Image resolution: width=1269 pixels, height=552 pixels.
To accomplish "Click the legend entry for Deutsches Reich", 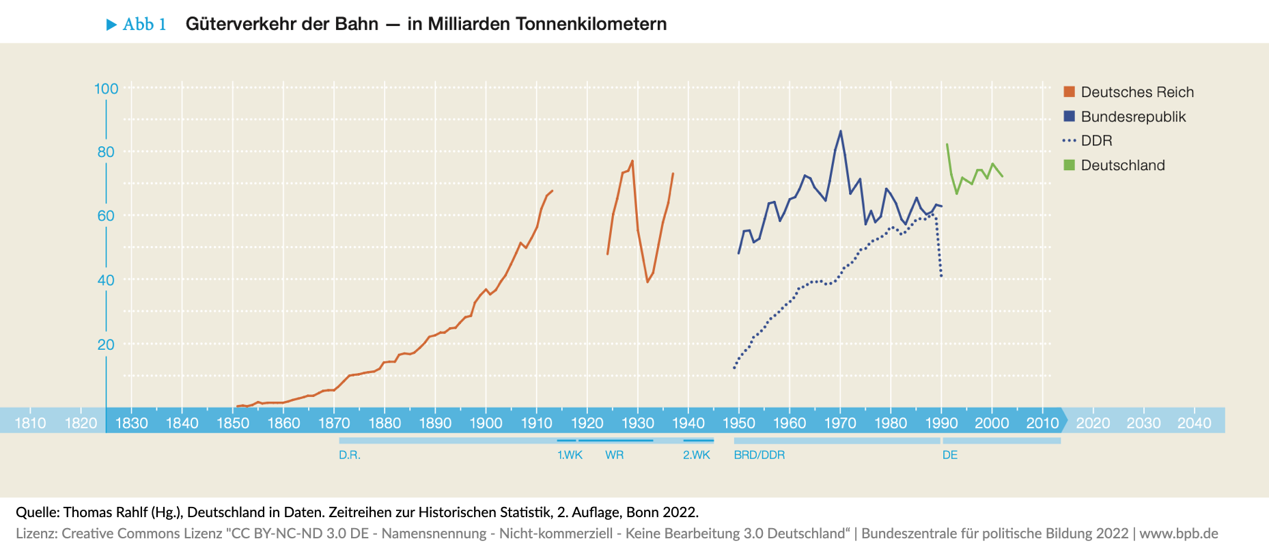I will (1136, 92).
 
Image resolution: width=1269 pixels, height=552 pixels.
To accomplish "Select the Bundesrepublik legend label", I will (1133, 117).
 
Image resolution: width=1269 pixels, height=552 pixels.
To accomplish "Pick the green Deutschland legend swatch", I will (1070, 165).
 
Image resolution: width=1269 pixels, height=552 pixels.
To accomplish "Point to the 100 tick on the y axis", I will (107, 89).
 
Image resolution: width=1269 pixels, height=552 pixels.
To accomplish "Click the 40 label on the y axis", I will (106, 280).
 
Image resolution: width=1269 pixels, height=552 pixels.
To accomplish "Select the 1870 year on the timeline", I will (334, 423).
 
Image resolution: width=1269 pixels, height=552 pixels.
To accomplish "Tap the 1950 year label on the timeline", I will (738, 423).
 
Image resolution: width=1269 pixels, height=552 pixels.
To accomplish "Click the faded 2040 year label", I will (1194, 423).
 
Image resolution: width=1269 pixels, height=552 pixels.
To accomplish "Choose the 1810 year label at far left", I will (31, 423).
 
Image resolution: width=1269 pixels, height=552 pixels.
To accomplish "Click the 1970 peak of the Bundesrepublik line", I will (840, 131).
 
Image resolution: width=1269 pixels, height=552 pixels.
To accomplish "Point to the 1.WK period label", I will (570, 455).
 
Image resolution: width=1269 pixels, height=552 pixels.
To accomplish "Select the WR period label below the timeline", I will (614, 455).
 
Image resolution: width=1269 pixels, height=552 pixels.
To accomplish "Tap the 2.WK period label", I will (697, 455).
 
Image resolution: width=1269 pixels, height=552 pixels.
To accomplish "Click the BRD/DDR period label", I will (759, 455).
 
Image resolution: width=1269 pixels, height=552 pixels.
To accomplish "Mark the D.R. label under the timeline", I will (349, 455).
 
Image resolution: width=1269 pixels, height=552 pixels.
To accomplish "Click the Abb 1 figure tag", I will (144, 25).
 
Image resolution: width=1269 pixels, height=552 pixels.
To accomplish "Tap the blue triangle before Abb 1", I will (112, 25).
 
